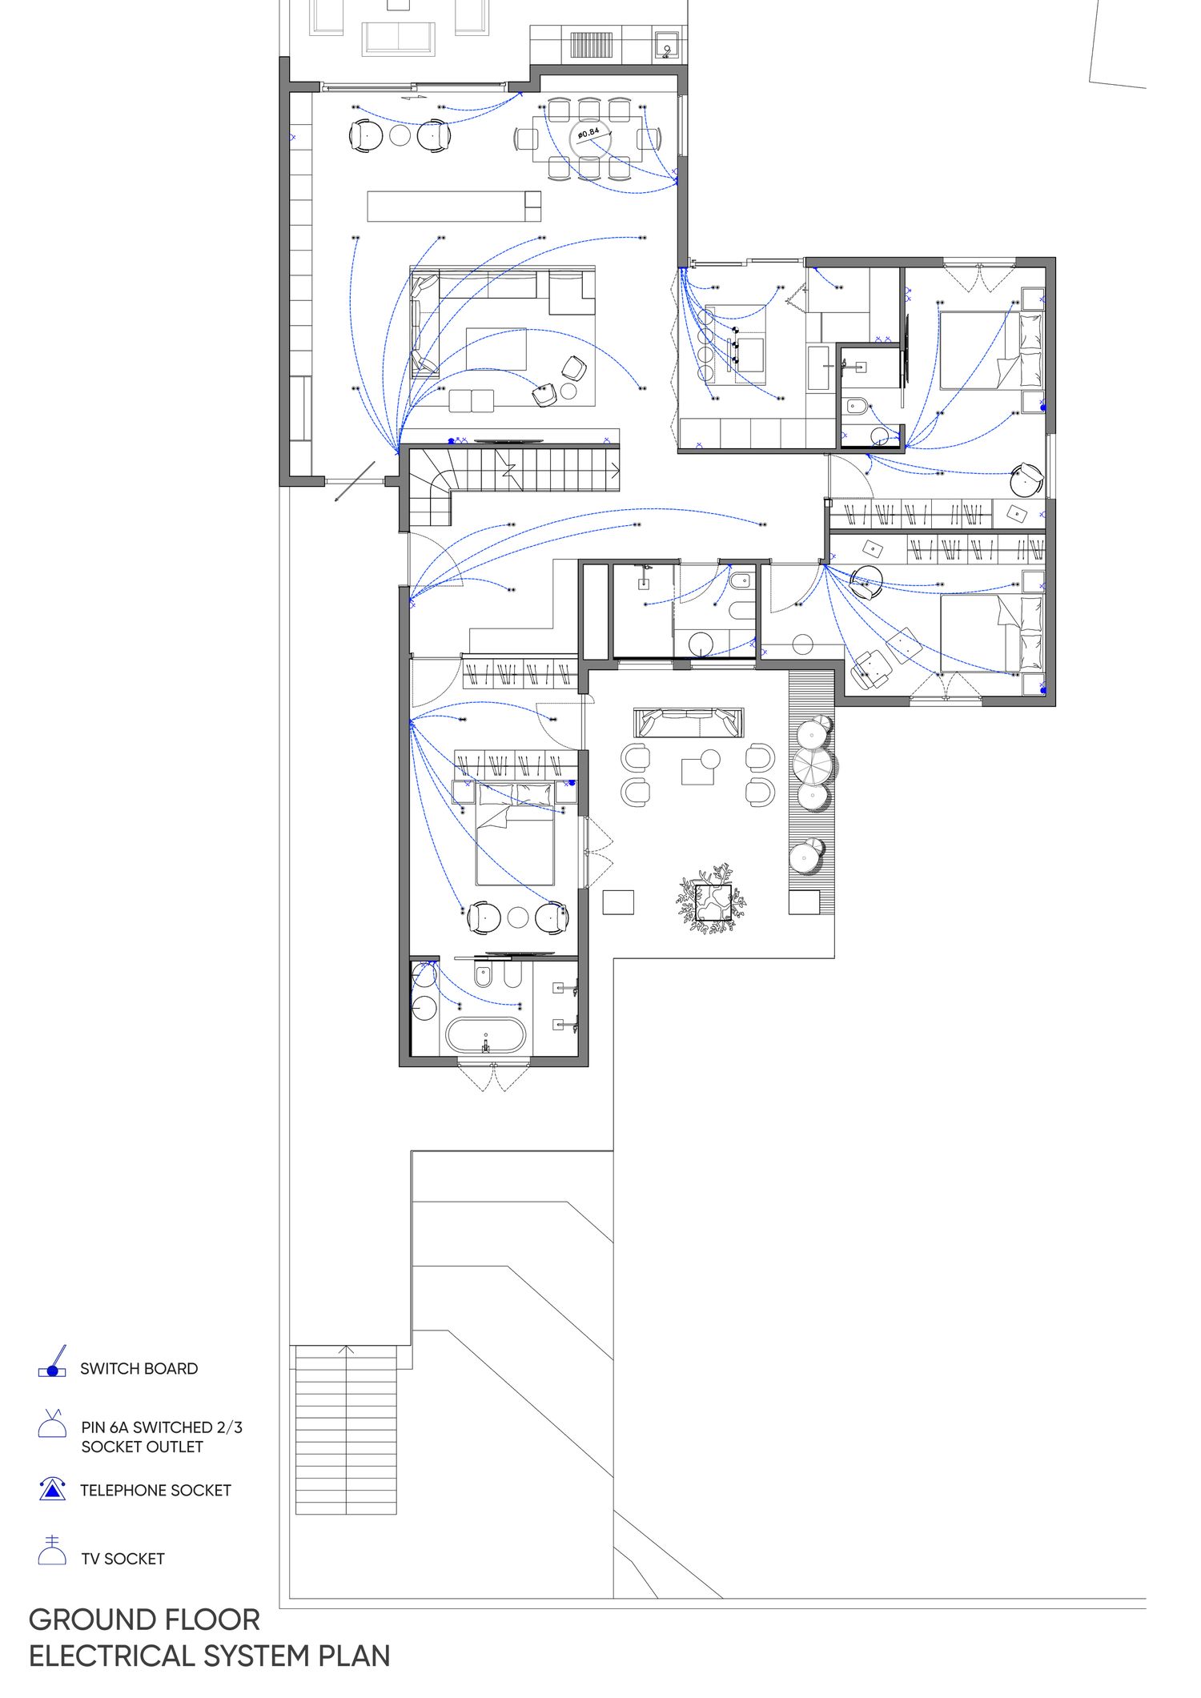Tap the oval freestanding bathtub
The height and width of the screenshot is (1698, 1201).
point(485,1035)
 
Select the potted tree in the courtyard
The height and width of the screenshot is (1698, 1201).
point(713,898)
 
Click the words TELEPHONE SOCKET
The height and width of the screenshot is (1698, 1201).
point(155,1491)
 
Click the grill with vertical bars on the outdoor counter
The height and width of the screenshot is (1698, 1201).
point(591,44)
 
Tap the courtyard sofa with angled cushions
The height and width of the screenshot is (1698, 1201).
point(689,722)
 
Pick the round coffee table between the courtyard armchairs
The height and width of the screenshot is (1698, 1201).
point(709,757)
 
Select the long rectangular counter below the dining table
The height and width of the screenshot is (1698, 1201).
point(454,206)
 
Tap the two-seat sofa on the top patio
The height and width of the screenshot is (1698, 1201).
point(398,38)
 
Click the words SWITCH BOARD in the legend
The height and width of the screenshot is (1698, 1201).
point(139,1369)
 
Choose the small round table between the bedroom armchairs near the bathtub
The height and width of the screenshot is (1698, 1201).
point(518,917)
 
